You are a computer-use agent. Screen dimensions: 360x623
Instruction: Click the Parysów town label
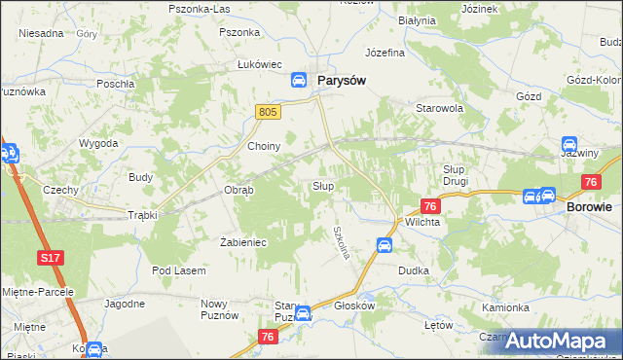(340, 81)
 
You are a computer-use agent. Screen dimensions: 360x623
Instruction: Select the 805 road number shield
(270, 113)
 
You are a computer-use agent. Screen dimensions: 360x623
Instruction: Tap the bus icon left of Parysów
(300, 82)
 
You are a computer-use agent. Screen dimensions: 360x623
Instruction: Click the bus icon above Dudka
(385, 245)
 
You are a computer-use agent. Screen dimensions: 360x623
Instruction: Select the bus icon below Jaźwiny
(569, 144)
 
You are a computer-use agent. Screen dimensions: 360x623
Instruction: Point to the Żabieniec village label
(243, 241)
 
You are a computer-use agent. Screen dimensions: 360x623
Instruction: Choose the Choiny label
(264, 147)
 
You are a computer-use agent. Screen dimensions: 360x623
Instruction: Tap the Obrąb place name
(238, 190)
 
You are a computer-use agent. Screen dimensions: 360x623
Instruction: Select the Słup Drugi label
(450, 175)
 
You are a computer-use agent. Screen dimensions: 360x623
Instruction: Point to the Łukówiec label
(259, 64)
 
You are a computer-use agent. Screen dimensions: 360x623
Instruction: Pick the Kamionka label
(504, 307)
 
